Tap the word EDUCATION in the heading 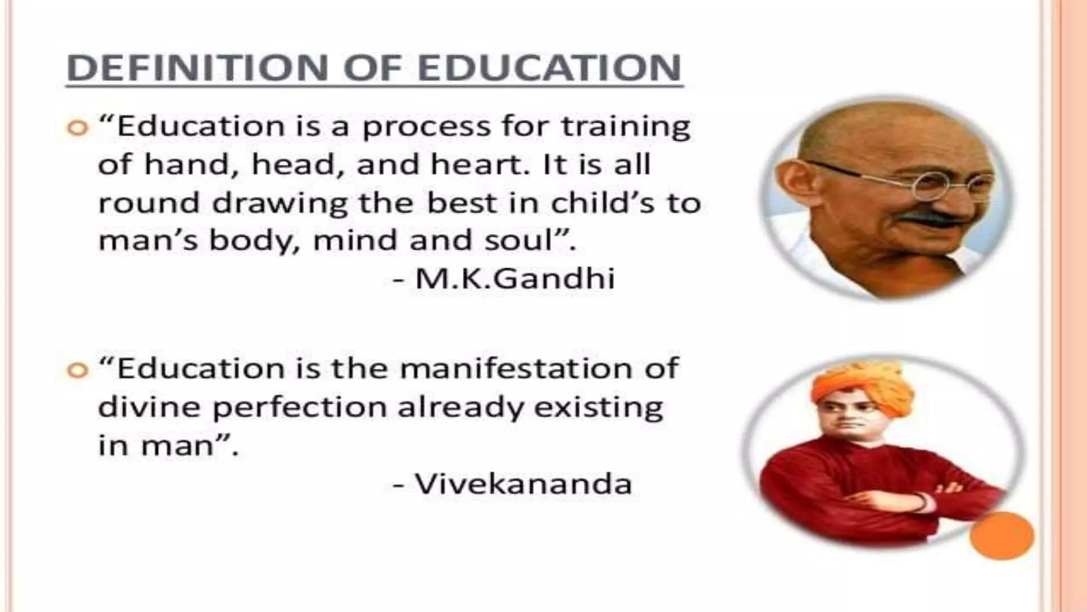tap(549, 68)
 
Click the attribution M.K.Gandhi tap(515, 278)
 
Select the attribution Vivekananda tap(523, 483)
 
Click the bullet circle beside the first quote tap(77, 129)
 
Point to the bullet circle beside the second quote tap(77, 370)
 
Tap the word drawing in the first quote tap(280, 203)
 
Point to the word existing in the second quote tap(599, 407)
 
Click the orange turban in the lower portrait tap(862, 385)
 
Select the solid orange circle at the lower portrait tap(1002, 535)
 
